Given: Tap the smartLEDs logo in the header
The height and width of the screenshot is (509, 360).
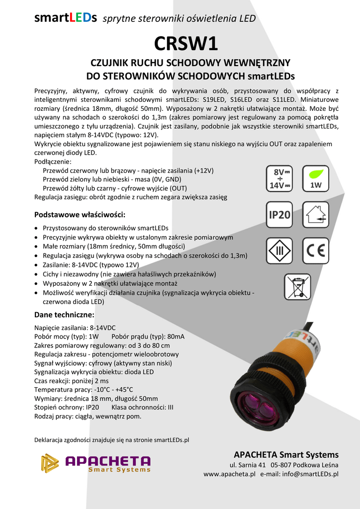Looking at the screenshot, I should [66, 18].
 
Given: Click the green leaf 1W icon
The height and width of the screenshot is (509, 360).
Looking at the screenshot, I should [315, 178].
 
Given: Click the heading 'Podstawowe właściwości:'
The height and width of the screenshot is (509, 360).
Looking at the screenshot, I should [80, 215].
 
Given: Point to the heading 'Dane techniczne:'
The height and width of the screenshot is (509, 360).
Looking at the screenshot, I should [64, 315].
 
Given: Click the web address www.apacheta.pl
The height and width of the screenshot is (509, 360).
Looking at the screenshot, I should [229, 474].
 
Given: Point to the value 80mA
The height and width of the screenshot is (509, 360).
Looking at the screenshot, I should [175, 337].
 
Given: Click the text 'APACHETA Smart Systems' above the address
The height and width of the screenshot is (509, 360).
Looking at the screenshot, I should [286, 454].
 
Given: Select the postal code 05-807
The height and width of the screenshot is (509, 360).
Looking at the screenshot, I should [283, 465].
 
